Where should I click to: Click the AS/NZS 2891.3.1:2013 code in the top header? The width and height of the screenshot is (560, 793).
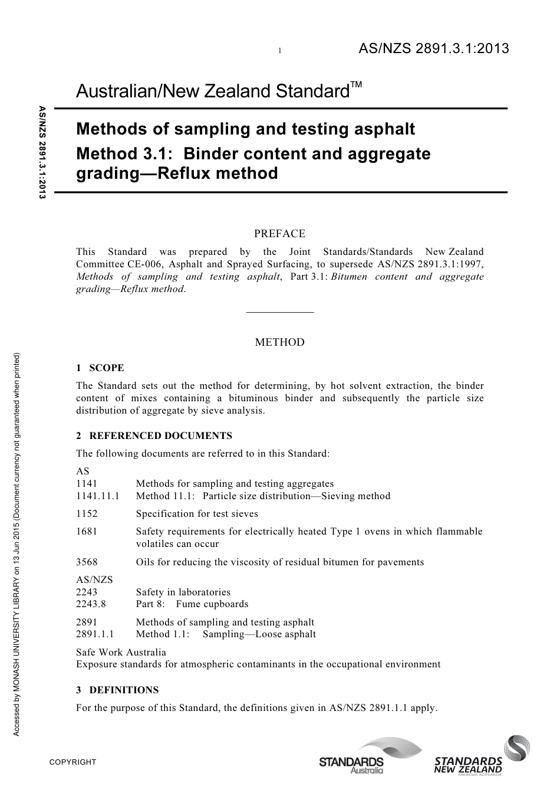coord(433,49)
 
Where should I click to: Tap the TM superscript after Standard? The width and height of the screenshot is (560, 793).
coord(355,86)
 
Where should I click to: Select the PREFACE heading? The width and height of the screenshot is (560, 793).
coord(279,234)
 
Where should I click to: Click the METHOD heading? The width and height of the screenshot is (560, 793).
coord(279,342)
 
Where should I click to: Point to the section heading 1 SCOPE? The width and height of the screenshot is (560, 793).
coord(100,368)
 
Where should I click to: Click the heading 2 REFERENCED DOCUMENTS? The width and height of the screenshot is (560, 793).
coord(154,436)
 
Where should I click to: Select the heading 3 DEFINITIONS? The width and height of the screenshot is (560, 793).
coord(117,690)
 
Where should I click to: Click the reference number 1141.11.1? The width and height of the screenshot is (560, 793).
coord(97,496)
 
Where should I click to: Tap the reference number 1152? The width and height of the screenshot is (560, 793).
coord(87,514)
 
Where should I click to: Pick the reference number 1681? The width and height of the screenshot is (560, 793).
coord(87,532)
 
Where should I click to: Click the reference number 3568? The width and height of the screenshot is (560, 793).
coord(87,562)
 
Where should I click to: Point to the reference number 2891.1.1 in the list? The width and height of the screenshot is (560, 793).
coord(95,634)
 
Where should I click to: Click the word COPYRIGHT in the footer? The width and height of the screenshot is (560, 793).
coord(73,762)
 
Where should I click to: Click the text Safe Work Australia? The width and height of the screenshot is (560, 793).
coord(121,652)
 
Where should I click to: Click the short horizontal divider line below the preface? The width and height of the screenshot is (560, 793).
coord(279,312)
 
